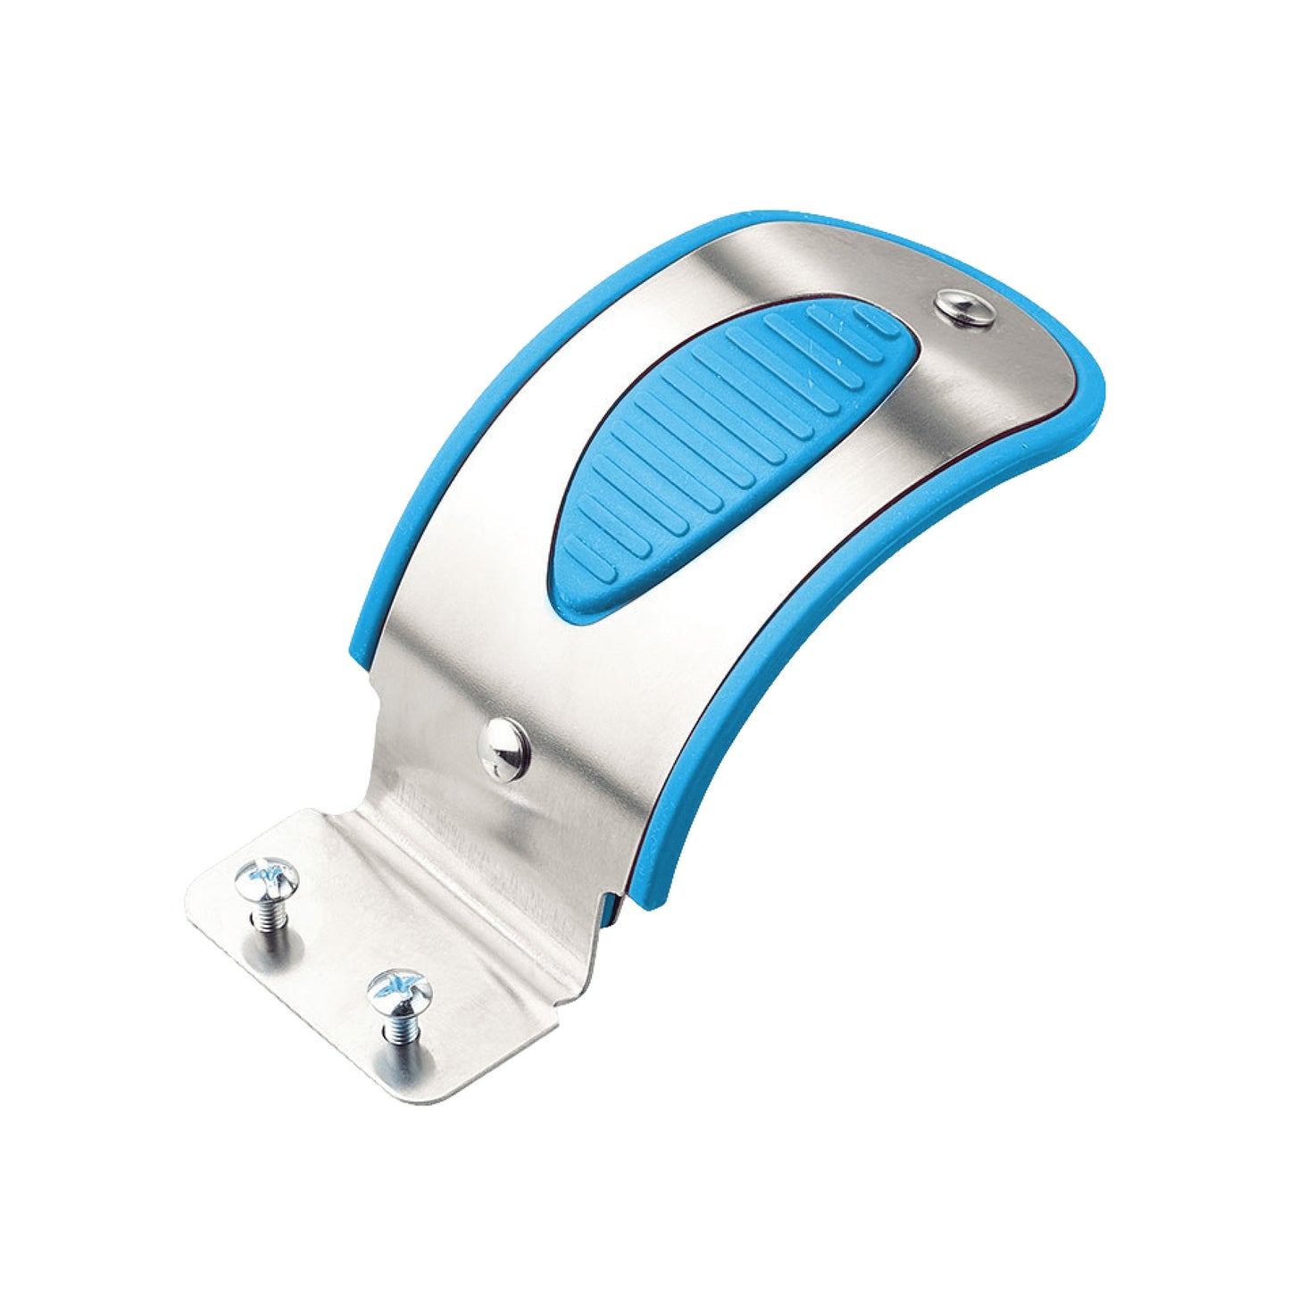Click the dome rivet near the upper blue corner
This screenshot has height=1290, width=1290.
tap(966, 309)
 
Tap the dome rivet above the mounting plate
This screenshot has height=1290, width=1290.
tap(504, 749)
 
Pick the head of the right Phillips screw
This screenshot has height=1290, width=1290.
tap(399, 988)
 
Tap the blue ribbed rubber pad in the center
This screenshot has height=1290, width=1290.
tap(723, 455)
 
